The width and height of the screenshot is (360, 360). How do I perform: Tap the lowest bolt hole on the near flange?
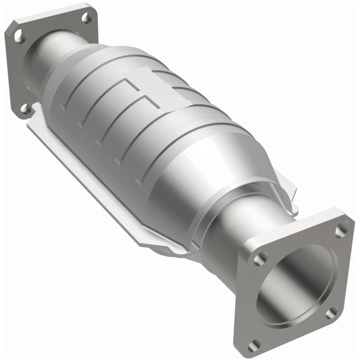tap(255, 345)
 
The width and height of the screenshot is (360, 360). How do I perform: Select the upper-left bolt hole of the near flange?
tap(261, 258)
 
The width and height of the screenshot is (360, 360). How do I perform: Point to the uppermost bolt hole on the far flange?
tap(87, 18)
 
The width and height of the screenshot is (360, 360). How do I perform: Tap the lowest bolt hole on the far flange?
tap(26, 108)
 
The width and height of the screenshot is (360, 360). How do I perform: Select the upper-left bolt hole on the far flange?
tap(19, 36)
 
